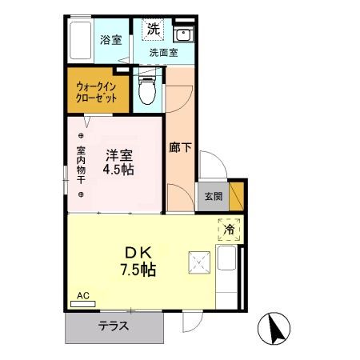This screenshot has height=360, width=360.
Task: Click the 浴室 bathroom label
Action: pos(110,40)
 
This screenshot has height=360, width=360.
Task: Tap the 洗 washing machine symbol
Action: pos(154,29)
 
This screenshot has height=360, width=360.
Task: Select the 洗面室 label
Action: pos(163,54)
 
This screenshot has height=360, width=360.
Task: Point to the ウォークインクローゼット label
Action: pos(96,92)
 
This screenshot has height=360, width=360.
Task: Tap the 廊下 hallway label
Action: pos(179,147)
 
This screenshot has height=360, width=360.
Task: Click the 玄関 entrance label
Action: pos(213,196)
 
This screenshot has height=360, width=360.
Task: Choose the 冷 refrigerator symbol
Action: pos(229,230)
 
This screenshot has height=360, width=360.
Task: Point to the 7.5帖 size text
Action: pos(138,270)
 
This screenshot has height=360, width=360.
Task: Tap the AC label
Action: pos(83,295)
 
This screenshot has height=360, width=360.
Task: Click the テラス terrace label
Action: pos(114,326)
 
